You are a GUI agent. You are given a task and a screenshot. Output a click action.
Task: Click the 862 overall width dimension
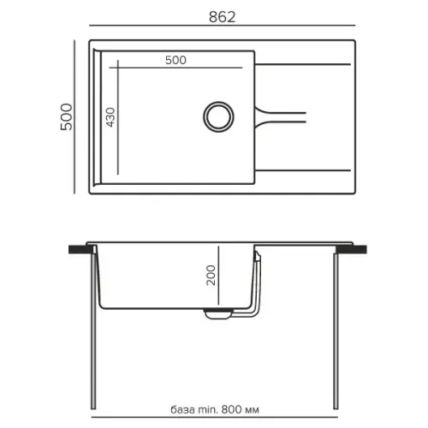[222, 17]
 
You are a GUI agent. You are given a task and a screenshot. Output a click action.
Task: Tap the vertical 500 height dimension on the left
[67, 117]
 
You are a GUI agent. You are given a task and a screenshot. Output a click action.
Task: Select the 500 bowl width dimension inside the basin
[175, 60]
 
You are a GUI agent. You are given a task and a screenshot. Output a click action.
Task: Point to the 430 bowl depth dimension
[110, 117]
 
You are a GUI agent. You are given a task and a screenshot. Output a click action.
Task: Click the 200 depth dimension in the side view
[211, 276]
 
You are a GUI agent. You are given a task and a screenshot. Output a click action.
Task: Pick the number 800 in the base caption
[230, 410]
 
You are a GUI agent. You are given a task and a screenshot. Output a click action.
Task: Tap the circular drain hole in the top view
[218, 116]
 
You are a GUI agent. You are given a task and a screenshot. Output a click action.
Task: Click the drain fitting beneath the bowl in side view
[217, 313]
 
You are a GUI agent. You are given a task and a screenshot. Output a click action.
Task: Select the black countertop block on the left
[81, 249]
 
